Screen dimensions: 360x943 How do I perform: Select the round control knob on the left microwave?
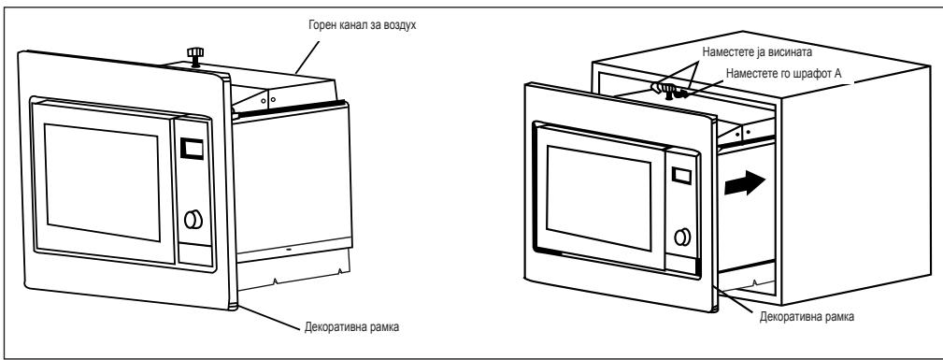pos(193,220)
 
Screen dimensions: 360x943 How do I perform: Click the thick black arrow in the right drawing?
pos(747,183)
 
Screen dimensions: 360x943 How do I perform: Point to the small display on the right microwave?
pos(680,176)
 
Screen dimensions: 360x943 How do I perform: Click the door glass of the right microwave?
pos(599,202)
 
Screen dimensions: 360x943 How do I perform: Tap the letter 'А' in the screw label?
pos(817,72)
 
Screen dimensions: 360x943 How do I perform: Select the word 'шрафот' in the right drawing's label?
pos(790,72)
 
